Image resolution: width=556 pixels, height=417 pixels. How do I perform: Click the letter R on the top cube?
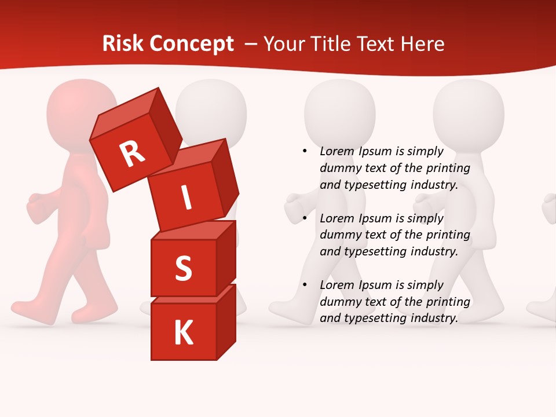pos(132,154)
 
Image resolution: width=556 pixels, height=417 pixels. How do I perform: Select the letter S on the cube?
pos(183,268)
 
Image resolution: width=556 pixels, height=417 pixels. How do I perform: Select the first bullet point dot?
pos(305,152)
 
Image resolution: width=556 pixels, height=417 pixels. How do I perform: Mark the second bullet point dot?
pos(305,218)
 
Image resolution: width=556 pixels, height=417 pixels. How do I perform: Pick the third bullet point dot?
pos(305,285)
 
